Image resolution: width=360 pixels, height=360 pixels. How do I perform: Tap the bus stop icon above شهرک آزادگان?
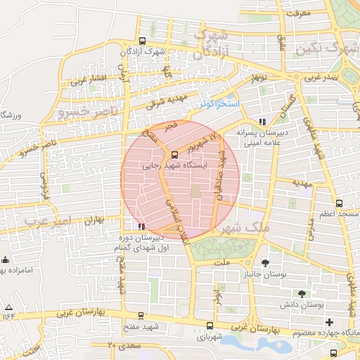(143, 41)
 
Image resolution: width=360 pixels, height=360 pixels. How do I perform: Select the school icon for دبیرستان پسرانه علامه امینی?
(263, 121)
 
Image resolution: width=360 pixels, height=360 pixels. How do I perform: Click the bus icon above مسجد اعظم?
(340, 202)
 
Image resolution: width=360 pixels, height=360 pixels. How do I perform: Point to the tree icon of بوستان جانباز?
(265, 263)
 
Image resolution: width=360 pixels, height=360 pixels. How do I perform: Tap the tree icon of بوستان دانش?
(302, 294)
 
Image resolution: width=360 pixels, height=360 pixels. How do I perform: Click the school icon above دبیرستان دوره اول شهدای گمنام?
(143, 226)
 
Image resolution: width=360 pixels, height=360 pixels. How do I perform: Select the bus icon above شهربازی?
(210, 326)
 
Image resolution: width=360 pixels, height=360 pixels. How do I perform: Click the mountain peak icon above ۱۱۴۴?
(8, 307)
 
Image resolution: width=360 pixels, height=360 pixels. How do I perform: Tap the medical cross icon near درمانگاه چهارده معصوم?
(329, 321)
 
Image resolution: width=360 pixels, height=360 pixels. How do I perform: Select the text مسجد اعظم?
(338, 212)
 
